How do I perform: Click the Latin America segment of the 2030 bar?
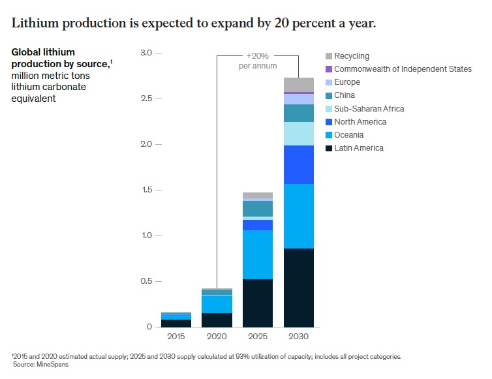pos(298,287)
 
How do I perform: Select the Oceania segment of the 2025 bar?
pos(257,254)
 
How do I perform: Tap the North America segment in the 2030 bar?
pos(298,164)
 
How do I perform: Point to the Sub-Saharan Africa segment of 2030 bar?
pos(298,134)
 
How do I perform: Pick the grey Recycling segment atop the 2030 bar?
pos(298,85)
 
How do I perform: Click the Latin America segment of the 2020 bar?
pos(217,320)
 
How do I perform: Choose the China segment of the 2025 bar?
pos(257,208)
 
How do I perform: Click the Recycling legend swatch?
pos(329,57)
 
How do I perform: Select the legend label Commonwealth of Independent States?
pos(403,69)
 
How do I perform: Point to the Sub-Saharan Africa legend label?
pos(369,109)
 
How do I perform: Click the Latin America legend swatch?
pos(329,148)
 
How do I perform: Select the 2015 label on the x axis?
pos(176,337)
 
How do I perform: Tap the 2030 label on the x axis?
pos(298,337)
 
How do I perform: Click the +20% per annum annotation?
pos(257,61)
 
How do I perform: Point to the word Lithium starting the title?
pos(32,23)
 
